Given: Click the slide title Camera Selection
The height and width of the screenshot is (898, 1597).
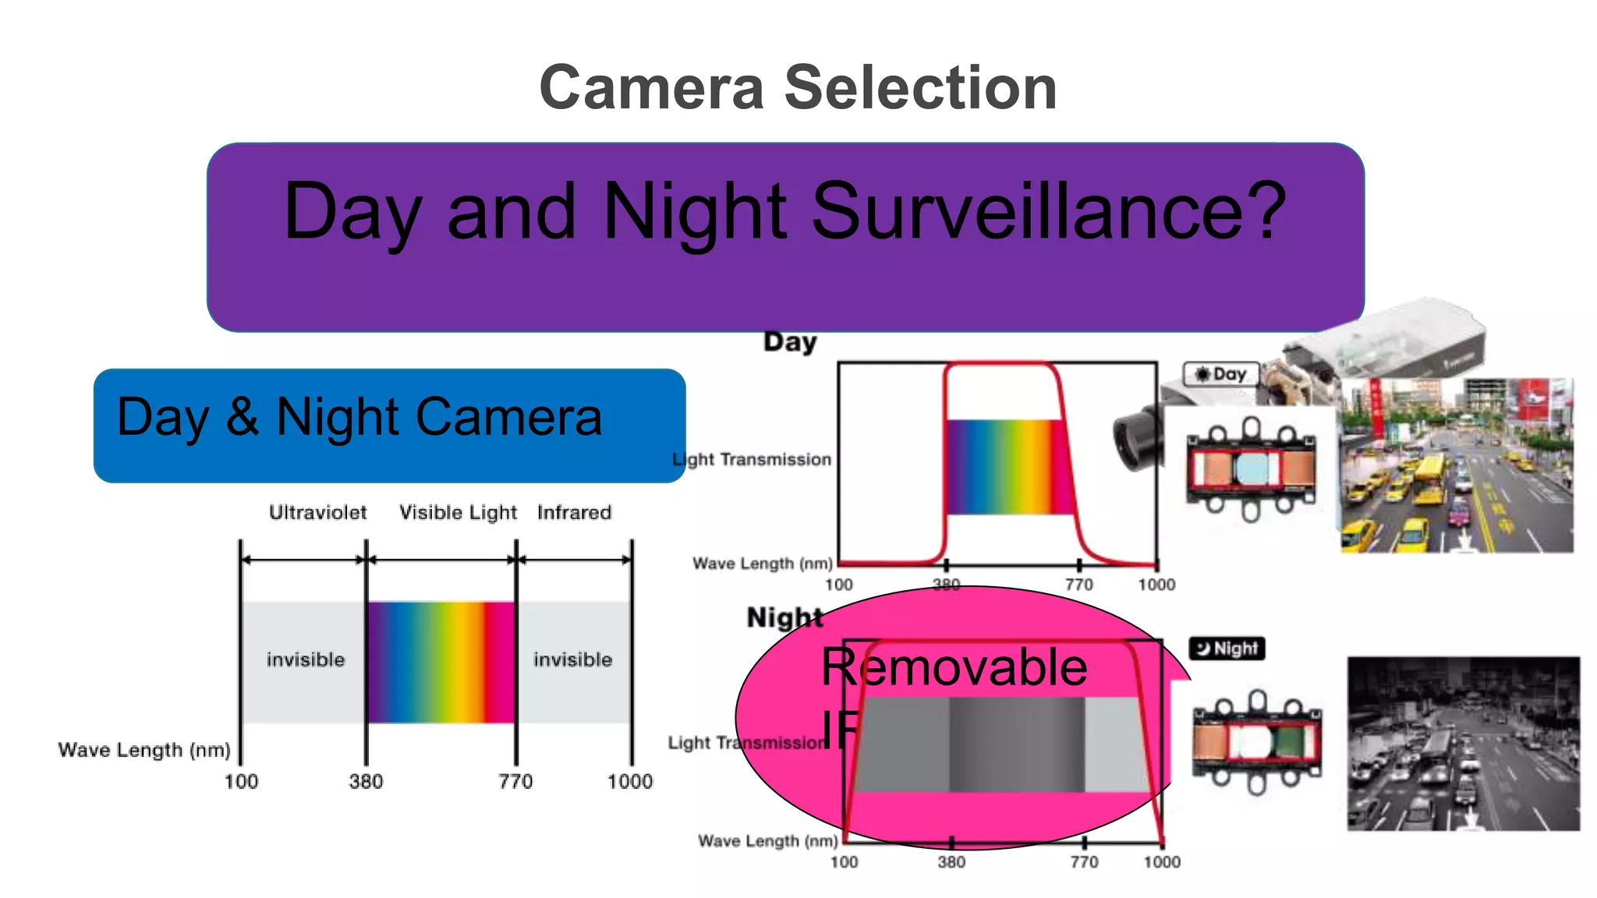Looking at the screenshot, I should pyautogui.click(x=798, y=87).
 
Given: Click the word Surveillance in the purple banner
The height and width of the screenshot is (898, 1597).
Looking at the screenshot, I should pyautogui.click(x=1048, y=211).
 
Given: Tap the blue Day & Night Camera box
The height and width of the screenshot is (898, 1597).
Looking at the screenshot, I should pyautogui.click(x=389, y=425).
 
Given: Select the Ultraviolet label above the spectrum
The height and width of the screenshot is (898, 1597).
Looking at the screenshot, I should pyautogui.click(x=317, y=512).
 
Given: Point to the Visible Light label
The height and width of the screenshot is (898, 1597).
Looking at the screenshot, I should pyautogui.click(x=458, y=512).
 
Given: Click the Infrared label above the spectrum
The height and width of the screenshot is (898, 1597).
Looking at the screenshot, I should pyautogui.click(x=574, y=512).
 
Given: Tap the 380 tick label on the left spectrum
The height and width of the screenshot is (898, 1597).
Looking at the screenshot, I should pyautogui.click(x=366, y=781).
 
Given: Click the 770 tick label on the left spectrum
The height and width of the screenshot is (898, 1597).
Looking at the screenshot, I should pyautogui.click(x=515, y=781).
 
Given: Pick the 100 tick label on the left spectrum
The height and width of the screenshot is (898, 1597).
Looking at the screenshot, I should pyautogui.click(x=241, y=781).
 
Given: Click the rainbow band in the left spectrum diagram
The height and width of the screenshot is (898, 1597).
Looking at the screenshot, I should pyautogui.click(x=441, y=662).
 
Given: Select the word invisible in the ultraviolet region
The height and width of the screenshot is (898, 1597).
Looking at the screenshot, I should pyautogui.click(x=305, y=659).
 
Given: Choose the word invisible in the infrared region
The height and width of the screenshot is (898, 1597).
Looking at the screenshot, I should pyautogui.click(x=572, y=659).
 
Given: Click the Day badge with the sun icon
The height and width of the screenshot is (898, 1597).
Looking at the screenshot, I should pyautogui.click(x=1221, y=374).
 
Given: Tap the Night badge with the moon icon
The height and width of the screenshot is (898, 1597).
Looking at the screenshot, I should pyautogui.click(x=1227, y=648).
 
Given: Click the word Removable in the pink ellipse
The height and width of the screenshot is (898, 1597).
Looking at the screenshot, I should pyautogui.click(x=954, y=667).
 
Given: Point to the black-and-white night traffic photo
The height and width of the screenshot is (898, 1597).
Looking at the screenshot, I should pyautogui.click(x=1464, y=744).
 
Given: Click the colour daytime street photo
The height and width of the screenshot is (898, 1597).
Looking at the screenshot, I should pyautogui.click(x=1457, y=466).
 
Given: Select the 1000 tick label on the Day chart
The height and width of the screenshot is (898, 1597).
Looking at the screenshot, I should pyautogui.click(x=1156, y=585).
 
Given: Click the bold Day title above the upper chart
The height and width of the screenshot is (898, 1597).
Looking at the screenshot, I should pyautogui.click(x=790, y=341).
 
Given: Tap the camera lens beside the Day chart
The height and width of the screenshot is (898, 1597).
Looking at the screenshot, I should pyautogui.click(x=1135, y=439).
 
